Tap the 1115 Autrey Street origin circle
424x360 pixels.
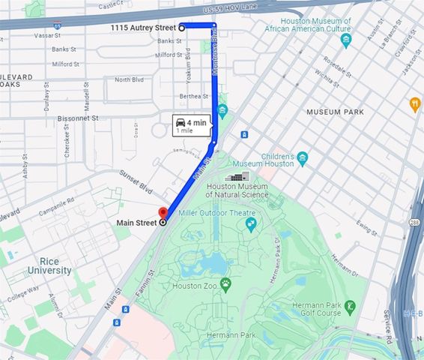point(181,28)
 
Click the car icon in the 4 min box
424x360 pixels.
point(180,121)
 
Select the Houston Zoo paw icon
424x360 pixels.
point(225,283)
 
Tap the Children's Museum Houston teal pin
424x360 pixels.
point(303,158)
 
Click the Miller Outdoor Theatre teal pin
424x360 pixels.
point(251,223)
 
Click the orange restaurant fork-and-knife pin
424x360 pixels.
point(415,104)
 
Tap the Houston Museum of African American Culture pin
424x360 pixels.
point(345,40)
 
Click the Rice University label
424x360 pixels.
point(49,265)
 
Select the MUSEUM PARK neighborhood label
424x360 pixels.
point(335,112)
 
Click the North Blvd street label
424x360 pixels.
point(129,79)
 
